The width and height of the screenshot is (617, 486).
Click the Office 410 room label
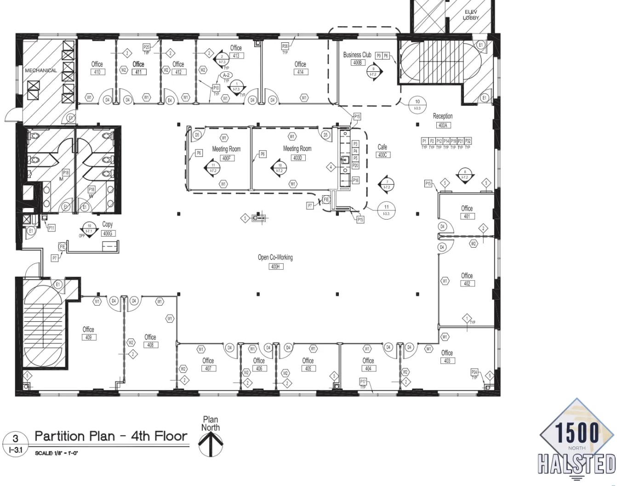(97, 68)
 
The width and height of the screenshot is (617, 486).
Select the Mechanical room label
(41, 70)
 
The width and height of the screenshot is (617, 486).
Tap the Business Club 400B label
(357, 58)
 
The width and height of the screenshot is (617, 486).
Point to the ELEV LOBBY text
(471, 15)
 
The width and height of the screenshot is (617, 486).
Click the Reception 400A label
(442, 120)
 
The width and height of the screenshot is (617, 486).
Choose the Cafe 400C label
(382, 150)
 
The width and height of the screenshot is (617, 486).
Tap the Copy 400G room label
(108, 228)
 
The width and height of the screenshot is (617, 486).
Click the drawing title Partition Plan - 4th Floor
(111, 436)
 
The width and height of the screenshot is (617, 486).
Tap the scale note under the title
(57, 453)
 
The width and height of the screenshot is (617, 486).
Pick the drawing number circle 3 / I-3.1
(15, 443)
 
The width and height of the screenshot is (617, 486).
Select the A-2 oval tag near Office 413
(226, 75)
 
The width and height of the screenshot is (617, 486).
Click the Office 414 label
(300, 68)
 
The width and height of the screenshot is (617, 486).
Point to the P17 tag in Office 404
(363, 382)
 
